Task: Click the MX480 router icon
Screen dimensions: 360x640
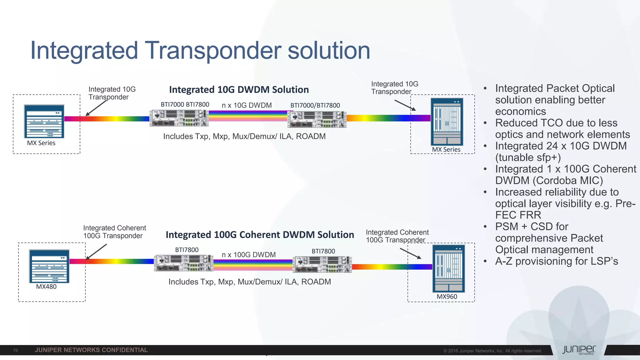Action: click(x=49, y=266)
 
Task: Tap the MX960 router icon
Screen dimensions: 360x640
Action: click(x=448, y=268)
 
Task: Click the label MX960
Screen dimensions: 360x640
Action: click(x=447, y=297)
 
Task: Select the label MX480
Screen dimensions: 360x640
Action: click(x=46, y=287)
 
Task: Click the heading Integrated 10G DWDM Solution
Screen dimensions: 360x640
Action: click(x=239, y=90)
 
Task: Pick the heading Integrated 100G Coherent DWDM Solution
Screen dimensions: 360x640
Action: click(x=260, y=235)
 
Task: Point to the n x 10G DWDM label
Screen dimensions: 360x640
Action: click(x=247, y=105)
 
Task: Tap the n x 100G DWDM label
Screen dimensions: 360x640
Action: click(x=249, y=255)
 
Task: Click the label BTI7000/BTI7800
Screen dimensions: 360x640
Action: click(x=315, y=106)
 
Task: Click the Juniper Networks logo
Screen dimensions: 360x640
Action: click(x=579, y=350)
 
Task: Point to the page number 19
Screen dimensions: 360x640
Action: click(x=15, y=350)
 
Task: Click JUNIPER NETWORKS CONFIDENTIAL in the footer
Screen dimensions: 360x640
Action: click(x=91, y=350)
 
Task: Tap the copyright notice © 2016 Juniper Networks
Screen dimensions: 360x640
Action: click(x=492, y=351)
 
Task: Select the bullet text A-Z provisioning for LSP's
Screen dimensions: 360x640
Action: click(x=557, y=261)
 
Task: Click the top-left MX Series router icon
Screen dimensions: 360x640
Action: click(x=44, y=121)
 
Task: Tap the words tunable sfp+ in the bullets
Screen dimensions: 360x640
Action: click(x=528, y=157)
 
